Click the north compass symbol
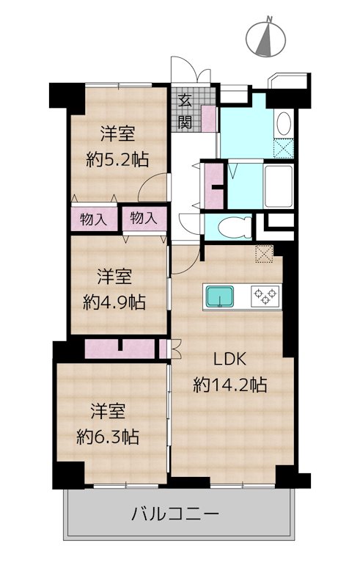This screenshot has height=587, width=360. pyautogui.click(x=265, y=39)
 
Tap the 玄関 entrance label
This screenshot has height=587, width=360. pyautogui.click(x=185, y=112)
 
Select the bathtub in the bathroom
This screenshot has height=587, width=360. pyautogui.click(x=278, y=186)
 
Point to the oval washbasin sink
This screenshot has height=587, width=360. pyautogui.click(x=284, y=123)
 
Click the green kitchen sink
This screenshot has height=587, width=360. pyautogui.click(x=220, y=296)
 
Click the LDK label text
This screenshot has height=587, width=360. pyautogui.click(x=229, y=360)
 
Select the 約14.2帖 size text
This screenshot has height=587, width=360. pyautogui.click(x=229, y=384)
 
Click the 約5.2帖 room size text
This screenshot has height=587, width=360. pyautogui.click(x=117, y=160)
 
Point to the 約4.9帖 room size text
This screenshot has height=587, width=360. pyautogui.click(x=114, y=302)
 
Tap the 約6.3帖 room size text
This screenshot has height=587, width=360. pyautogui.click(x=108, y=437)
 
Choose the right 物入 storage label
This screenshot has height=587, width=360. pyautogui.click(x=143, y=218)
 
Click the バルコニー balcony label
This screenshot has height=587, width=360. pyautogui.click(x=175, y=514)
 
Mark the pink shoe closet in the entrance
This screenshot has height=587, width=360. pyautogui.click(x=209, y=119)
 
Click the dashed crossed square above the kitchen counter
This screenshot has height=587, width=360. pyautogui.click(x=265, y=254)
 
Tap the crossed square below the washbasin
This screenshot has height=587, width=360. pyautogui.click(x=284, y=148)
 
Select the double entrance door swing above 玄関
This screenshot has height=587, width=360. pyautogui.click(x=191, y=69)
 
